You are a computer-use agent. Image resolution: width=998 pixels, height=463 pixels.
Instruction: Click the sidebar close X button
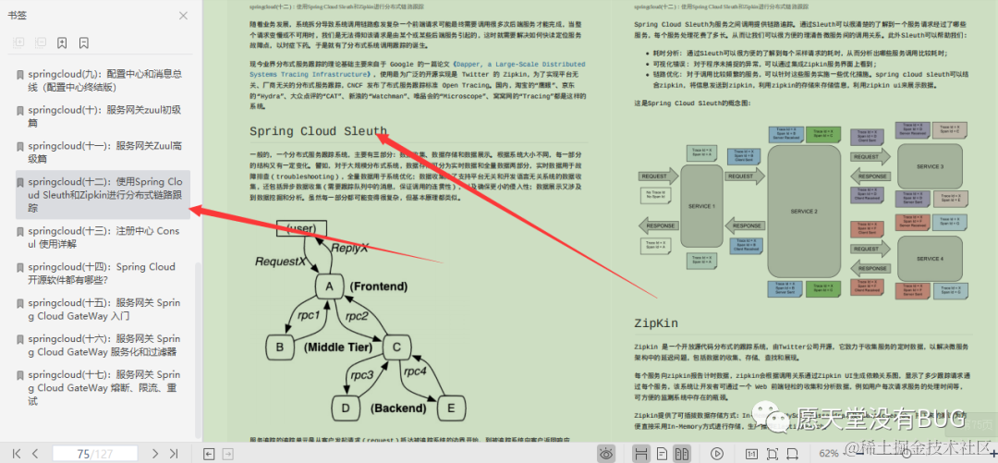tap(183, 16)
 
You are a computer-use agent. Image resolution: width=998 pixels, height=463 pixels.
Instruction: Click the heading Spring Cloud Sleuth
tap(318, 132)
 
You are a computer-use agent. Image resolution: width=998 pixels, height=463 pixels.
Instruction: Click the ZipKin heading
tap(656, 323)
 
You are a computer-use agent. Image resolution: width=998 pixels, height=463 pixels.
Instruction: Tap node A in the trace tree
tap(329, 286)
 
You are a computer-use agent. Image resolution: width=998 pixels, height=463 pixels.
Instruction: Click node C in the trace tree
tap(396, 347)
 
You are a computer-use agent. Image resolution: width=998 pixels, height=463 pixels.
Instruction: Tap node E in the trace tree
tap(451, 408)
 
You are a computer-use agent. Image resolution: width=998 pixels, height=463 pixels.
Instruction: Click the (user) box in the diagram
tap(301, 228)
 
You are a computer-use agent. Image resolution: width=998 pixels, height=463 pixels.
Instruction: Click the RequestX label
tap(280, 262)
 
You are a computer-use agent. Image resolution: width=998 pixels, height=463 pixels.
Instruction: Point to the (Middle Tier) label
tap(338, 348)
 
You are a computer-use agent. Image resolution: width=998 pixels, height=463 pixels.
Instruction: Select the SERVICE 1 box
tap(700, 205)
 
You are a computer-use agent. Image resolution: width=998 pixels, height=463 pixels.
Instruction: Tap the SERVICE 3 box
tap(929, 166)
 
